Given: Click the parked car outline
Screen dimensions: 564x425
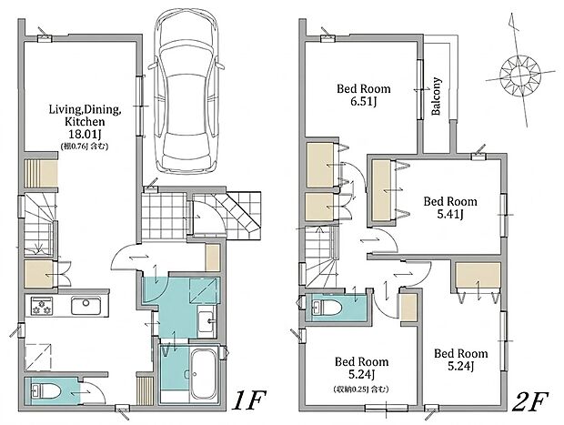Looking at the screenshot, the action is click(186, 91).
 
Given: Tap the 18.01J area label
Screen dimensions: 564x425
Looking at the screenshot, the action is click(85, 135).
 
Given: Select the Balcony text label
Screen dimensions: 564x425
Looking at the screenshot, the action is click(436, 96).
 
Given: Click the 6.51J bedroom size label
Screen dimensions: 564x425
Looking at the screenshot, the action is click(363, 102).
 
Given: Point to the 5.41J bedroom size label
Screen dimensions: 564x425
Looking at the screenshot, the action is click(450, 214).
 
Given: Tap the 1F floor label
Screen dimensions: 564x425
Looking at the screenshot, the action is click(248, 401).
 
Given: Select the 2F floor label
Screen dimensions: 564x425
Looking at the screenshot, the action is click(529, 401).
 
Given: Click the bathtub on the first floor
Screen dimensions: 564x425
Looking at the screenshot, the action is click(204, 374).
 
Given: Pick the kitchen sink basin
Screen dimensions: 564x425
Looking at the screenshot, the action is click(86, 306).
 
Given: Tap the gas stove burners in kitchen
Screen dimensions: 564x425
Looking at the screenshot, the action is click(42, 306).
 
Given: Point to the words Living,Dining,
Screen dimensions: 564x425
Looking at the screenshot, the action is click(85, 109).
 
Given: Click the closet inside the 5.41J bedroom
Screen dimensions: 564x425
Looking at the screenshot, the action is click(382, 190).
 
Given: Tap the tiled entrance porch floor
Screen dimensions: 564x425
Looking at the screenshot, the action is click(164, 216).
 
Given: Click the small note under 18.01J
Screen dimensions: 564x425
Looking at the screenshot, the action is click(85, 147).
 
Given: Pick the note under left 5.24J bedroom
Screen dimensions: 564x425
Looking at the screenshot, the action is click(361, 389).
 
